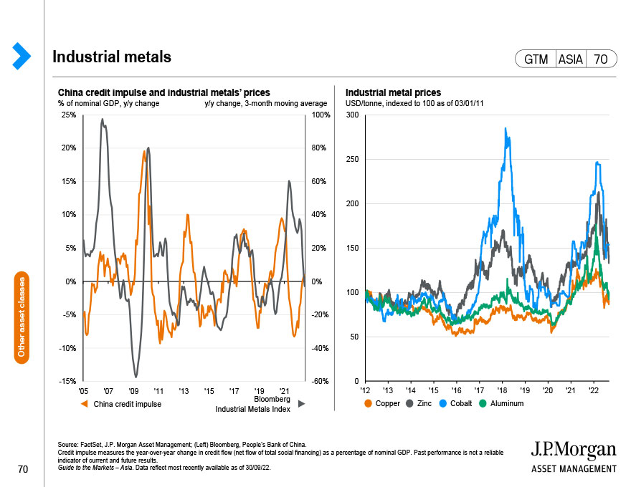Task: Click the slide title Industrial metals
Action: (x=112, y=57)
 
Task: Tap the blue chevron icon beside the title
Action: (x=22, y=56)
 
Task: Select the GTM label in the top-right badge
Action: (x=536, y=59)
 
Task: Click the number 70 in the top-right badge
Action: (x=600, y=59)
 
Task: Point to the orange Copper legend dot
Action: (x=368, y=403)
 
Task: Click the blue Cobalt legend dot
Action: (x=442, y=403)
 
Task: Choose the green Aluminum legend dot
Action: (x=483, y=403)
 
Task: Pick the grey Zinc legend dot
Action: (x=409, y=403)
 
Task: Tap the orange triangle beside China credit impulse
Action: (x=84, y=404)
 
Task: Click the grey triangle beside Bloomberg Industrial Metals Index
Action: (x=301, y=404)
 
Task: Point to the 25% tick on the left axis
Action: (x=68, y=115)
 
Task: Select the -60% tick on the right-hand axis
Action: (x=321, y=381)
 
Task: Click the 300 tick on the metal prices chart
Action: (x=352, y=115)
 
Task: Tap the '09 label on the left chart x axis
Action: (x=133, y=391)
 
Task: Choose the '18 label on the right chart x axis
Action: (x=502, y=390)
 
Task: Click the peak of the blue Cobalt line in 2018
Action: (x=506, y=129)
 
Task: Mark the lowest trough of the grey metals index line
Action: (x=136, y=377)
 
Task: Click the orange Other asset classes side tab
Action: (x=22, y=317)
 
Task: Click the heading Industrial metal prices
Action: (x=393, y=93)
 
